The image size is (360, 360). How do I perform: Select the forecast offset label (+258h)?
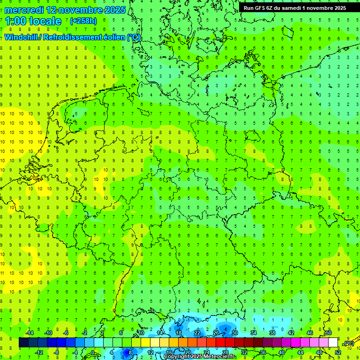[83, 21]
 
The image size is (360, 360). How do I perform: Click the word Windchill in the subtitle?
[21, 37]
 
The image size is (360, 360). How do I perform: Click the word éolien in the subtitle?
[115, 37]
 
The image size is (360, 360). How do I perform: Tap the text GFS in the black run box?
[261, 8]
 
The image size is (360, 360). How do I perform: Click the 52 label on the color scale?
[338, 352]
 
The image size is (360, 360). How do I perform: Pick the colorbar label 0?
[92, 352]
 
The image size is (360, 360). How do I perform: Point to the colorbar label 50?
[329, 333]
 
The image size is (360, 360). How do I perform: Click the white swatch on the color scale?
[333, 343]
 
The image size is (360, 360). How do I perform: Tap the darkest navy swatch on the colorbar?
[23, 343]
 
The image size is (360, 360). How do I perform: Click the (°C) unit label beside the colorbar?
[349, 344]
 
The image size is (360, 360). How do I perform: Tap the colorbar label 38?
[272, 333]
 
